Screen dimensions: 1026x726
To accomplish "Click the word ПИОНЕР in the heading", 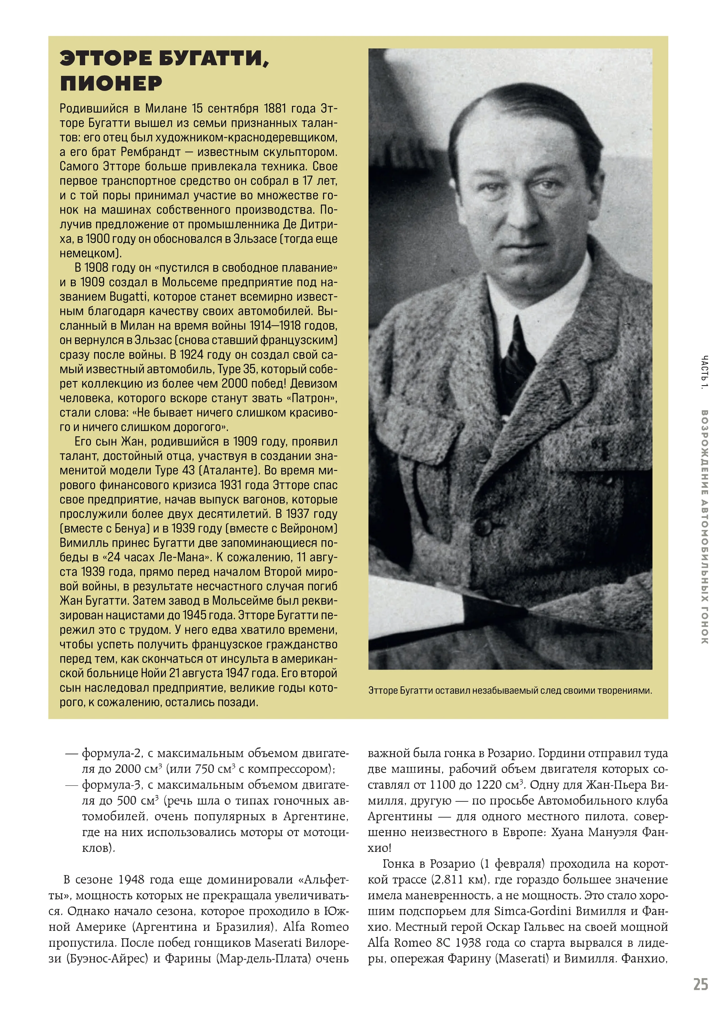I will point(111,83).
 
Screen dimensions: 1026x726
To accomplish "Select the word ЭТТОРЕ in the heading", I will point(106,59).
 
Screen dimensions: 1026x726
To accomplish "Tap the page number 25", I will point(701,985).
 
